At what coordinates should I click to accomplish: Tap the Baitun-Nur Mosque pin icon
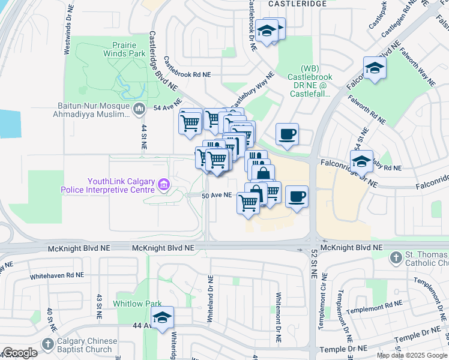(x=139, y=109)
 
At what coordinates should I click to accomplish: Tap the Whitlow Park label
(x=137, y=304)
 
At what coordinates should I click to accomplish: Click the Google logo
(x=20, y=353)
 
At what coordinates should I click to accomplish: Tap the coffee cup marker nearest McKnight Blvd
(x=297, y=196)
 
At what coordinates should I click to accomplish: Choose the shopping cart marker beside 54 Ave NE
(x=190, y=122)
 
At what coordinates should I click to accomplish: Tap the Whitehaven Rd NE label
(x=57, y=274)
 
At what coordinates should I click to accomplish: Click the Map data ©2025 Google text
(x=412, y=355)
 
